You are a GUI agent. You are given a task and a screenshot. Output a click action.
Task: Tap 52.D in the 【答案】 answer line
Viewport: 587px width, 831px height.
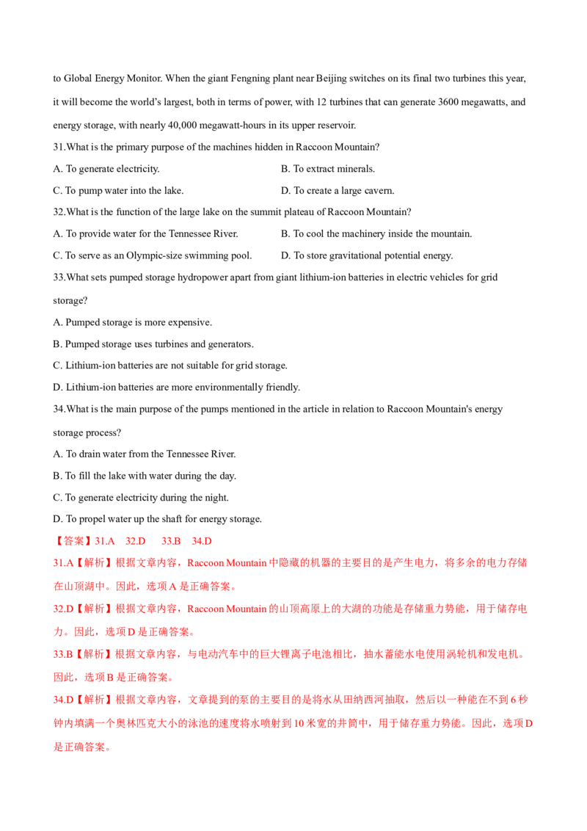tap(136, 541)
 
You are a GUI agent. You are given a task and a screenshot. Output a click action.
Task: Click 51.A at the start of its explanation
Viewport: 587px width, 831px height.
tap(61, 563)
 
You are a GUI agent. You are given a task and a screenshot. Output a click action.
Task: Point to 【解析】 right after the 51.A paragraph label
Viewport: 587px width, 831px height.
tap(92, 563)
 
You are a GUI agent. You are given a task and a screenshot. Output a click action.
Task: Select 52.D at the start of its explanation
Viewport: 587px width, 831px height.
tap(61, 609)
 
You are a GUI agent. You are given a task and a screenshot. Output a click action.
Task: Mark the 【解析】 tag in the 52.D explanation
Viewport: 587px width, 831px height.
tap(92, 609)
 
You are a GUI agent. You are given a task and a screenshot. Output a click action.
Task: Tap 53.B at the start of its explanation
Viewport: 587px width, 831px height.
tap(61, 653)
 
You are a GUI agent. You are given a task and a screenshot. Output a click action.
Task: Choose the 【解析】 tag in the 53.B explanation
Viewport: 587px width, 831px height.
tap(92, 653)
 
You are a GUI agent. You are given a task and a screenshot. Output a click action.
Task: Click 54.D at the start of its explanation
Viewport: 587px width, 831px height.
tap(61, 699)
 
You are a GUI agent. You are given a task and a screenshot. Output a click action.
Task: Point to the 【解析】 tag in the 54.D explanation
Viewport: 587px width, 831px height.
tap(92, 699)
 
